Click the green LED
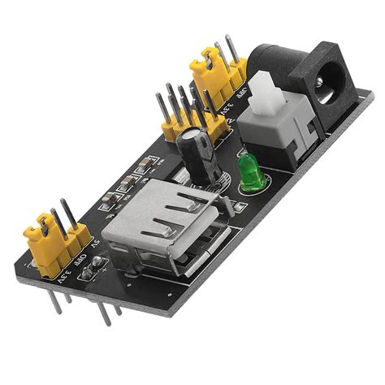249,171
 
